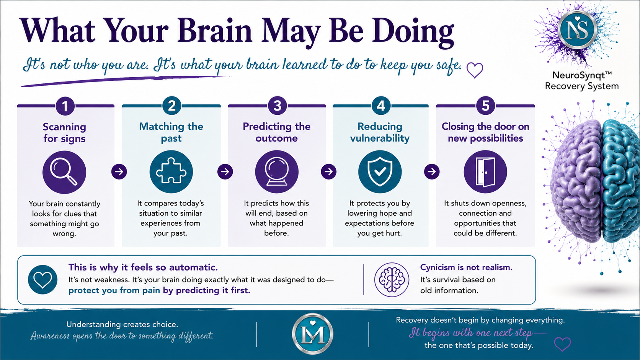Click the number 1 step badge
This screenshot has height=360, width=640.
[65, 106]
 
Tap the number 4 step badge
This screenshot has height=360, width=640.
[380, 106]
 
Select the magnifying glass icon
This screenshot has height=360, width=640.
[64, 172]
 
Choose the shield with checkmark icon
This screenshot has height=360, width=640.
[380, 172]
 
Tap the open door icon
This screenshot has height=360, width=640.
[485, 172]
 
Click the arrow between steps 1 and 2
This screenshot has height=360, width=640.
[119, 171]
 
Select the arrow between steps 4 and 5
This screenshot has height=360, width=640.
[432, 171]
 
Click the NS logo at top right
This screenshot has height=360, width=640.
[577, 30]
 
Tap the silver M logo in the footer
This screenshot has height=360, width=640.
[313, 334]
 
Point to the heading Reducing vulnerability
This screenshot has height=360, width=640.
[380, 132]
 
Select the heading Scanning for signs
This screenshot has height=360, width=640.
[64, 132]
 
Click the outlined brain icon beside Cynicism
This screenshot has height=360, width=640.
[392, 280]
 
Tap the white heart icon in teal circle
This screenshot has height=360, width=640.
[42, 280]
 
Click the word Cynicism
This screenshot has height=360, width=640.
[438, 267]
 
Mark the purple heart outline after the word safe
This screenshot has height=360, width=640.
[475, 70]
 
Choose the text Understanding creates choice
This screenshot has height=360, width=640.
[122, 324]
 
